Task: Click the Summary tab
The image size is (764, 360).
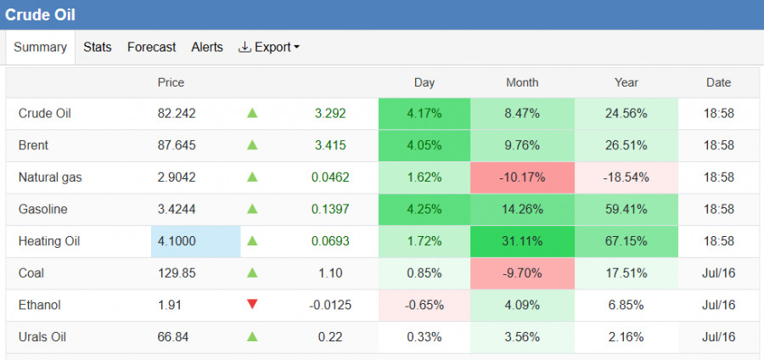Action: pyautogui.click(x=40, y=48)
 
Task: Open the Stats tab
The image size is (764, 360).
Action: pyautogui.click(x=98, y=48)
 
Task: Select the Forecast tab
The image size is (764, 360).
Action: pyautogui.click(x=152, y=48)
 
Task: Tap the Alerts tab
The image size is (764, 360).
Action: pyautogui.click(x=207, y=48)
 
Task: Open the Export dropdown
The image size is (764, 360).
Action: pyautogui.click(x=269, y=48)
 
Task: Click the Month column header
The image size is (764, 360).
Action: pyautogui.click(x=522, y=83)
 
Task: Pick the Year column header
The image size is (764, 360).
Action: pyautogui.click(x=626, y=83)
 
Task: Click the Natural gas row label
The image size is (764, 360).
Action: pyautogui.click(x=50, y=177)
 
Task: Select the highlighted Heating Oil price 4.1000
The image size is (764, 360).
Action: pyautogui.click(x=196, y=241)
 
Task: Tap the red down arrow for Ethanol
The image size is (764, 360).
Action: pyautogui.click(x=252, y=305)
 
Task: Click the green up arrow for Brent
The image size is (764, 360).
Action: pyautogui.click(x=252, y=144)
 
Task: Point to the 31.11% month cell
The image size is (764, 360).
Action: pyautogui.click(x=522, y=241)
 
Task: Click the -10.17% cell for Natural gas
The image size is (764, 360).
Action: pyautogui.click(x=522, y=177)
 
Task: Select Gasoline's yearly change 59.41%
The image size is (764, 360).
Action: pyautogui.click(x=626, y=210)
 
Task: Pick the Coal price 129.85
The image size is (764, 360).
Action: pyautogui.click(x=177, y=273)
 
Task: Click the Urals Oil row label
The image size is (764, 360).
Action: pyautogui.click(x=42, y=336)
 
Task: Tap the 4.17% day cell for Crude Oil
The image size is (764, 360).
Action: pyautogui.click(x=424, y=114)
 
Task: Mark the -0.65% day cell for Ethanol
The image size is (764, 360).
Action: pyautogui.click(x=424, y=305)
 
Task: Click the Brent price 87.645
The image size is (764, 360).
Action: pyautogui.click(x=177, y=145)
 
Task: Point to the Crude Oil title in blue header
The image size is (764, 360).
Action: pyautogui.click(x=40, y=14)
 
